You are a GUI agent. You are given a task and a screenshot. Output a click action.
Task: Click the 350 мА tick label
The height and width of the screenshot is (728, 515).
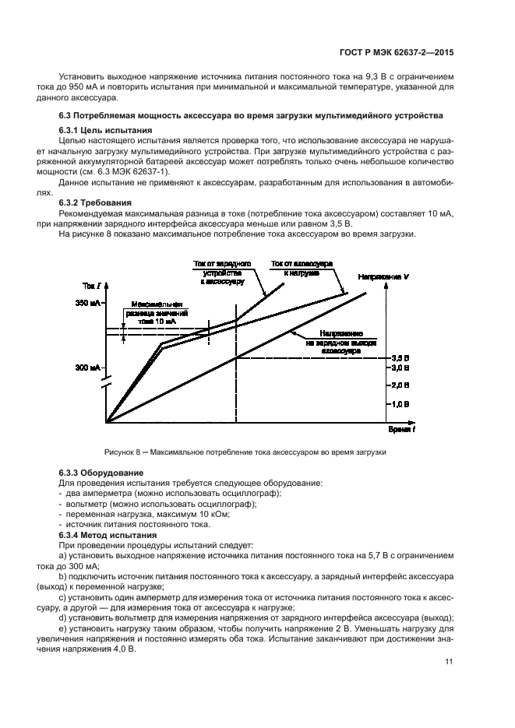click(x=88, y=303)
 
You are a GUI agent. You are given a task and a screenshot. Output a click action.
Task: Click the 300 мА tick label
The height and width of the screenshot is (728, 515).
click(x=88, y=368)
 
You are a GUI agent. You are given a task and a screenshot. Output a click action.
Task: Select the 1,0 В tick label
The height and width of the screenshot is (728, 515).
click(x=400, y=404)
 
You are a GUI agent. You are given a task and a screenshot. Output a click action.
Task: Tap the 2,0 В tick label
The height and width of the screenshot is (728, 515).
click(x=400, y=385)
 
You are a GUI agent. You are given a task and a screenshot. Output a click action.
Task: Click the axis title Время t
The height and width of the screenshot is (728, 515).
click(x=403, y=430)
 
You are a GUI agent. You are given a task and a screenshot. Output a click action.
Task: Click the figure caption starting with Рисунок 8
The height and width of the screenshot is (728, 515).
click(x=246, y=452)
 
